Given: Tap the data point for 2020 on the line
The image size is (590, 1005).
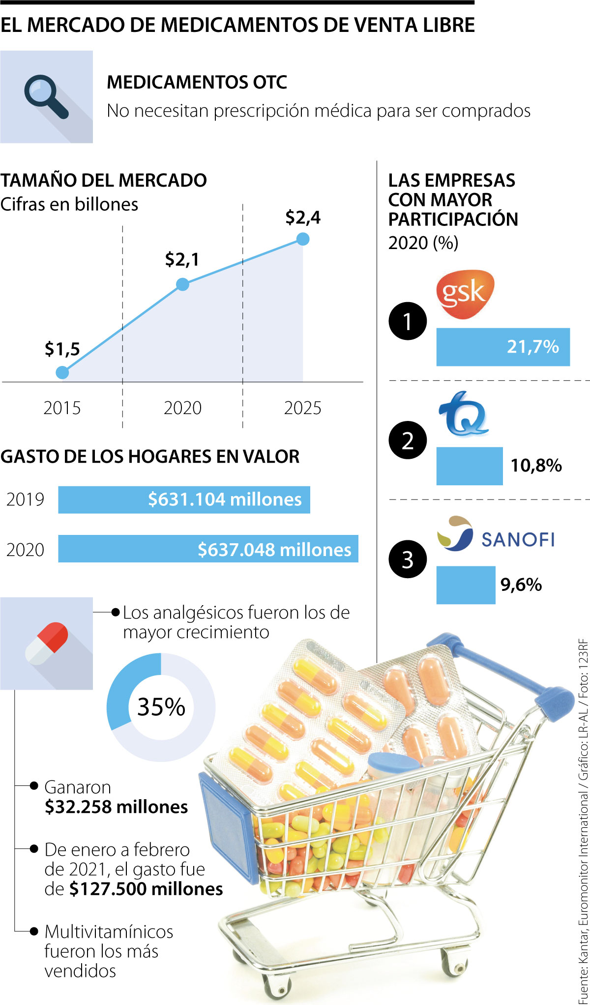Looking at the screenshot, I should coord(182,284).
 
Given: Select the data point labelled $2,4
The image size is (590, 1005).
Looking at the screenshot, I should coord(303,239).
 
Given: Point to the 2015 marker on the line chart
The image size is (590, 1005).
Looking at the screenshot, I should coord(62,372).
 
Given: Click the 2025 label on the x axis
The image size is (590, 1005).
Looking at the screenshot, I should coord(302,408).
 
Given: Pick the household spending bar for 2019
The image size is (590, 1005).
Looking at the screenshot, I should coord(184,500).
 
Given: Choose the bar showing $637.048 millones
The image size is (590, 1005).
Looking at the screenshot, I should coord(208,549).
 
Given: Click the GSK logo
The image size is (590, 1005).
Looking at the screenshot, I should coord(464,293).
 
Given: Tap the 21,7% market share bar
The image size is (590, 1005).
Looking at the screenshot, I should coord(502,347).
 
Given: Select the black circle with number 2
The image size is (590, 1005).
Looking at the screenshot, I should coord(408,440).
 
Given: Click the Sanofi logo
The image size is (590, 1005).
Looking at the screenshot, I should coord(496,534).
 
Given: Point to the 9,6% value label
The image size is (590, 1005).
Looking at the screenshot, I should coord(521,585).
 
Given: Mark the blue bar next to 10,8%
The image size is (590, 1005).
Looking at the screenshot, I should coord(470,466).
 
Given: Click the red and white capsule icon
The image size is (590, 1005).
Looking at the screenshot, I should coord(46,643).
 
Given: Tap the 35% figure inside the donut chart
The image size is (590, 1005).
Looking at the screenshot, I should coord(161,707).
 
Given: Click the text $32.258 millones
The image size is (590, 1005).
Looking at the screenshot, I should coord(116,807).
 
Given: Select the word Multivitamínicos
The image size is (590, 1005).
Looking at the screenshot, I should coord(109,931).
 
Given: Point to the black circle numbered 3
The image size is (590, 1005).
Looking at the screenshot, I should coord(408,559).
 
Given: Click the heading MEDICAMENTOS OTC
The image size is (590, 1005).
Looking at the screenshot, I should coord(197,82).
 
